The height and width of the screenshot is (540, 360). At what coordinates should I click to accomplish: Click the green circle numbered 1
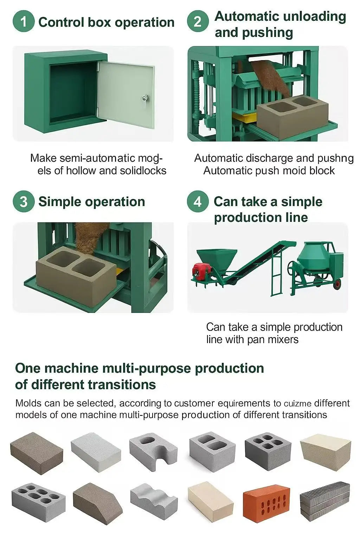tap(24, 22)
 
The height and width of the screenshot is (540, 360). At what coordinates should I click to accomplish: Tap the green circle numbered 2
tap(198, 22)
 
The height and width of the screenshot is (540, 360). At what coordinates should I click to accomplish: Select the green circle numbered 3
tap(24, 201)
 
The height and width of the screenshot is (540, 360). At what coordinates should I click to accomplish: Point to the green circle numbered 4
tap(198, 201)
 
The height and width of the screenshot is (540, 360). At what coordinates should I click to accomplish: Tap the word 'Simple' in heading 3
tap(59, 202)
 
